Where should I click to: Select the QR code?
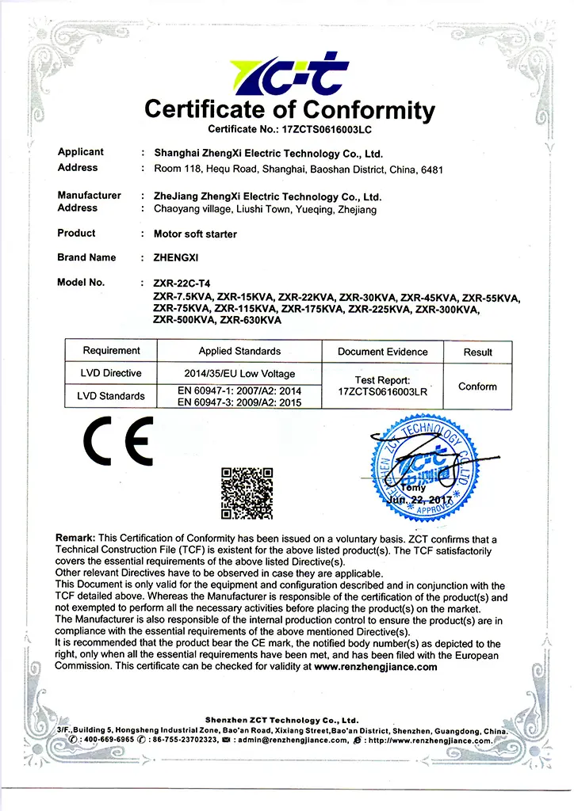pyautogui.click(x=247, y=493)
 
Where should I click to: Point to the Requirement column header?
pyautogui.click(x=111, y=351)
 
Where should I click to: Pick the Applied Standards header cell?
pyautogui.click(x=239, y=351)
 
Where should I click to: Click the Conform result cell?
pyautogui.click(x=477, y=386)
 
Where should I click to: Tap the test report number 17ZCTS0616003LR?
pyautogui.click(x=382, y=391)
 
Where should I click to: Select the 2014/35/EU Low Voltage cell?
pyautogui.click(x=239, y=373)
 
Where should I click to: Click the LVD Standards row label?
pyautogui.click(x=111, y=395)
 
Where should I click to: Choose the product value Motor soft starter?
pyautogui.click(x=195, y=234)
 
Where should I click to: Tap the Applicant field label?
pyautogui.click(x=81, y=152)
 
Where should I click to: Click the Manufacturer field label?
pyautogui.click(x=90, y=196)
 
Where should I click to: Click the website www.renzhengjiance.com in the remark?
pyautogui.click(x=376, y=667)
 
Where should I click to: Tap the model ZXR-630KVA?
pyautogui.click(x=251, y=320)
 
